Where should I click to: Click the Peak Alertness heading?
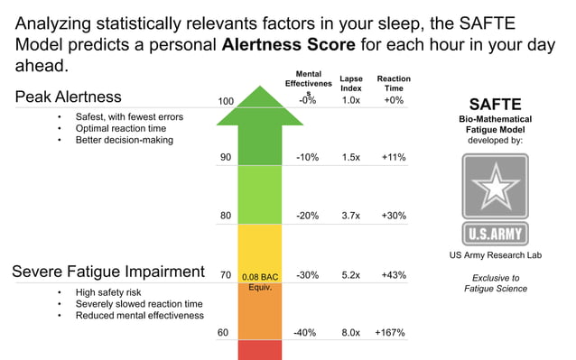tap(68, 97)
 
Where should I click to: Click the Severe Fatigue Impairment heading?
tap(107, 272)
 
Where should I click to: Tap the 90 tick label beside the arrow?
tap(226, 157)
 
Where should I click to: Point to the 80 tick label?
tap(226, 216)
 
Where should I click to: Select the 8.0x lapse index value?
tap(351, 333)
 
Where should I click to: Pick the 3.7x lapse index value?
tap(351, 216)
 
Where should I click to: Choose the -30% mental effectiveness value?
tap(307, 274)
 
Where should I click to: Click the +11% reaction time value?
tap(394, 157)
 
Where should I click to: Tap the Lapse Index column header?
tap(351, 83)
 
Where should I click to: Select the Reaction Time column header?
tap(394, 83)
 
